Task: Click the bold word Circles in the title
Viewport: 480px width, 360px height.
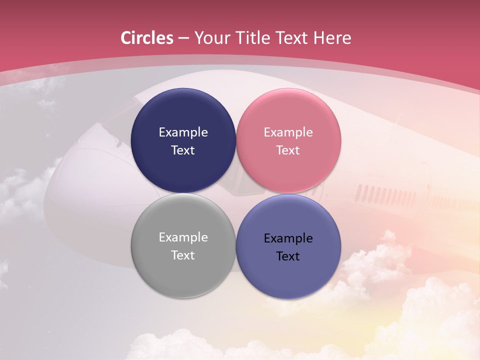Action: tap(147, 38)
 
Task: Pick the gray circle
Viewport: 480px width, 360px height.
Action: tap(183, 272)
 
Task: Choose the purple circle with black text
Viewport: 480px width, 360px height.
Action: tap(288, 272)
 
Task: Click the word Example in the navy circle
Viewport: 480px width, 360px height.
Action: tap(183, 132)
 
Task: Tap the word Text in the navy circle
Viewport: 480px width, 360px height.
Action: tap(183, 150)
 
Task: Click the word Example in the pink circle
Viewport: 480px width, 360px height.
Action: tap(288, 132)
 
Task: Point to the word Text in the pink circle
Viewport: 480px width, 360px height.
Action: tap(288, 150)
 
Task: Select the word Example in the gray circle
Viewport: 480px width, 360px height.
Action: tap(183, 237)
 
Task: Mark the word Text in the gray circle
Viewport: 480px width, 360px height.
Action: tap(183, 255)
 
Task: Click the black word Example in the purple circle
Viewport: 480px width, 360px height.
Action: tap(288, 238)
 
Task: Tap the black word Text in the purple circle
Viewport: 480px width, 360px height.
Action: tap(288, 256)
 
